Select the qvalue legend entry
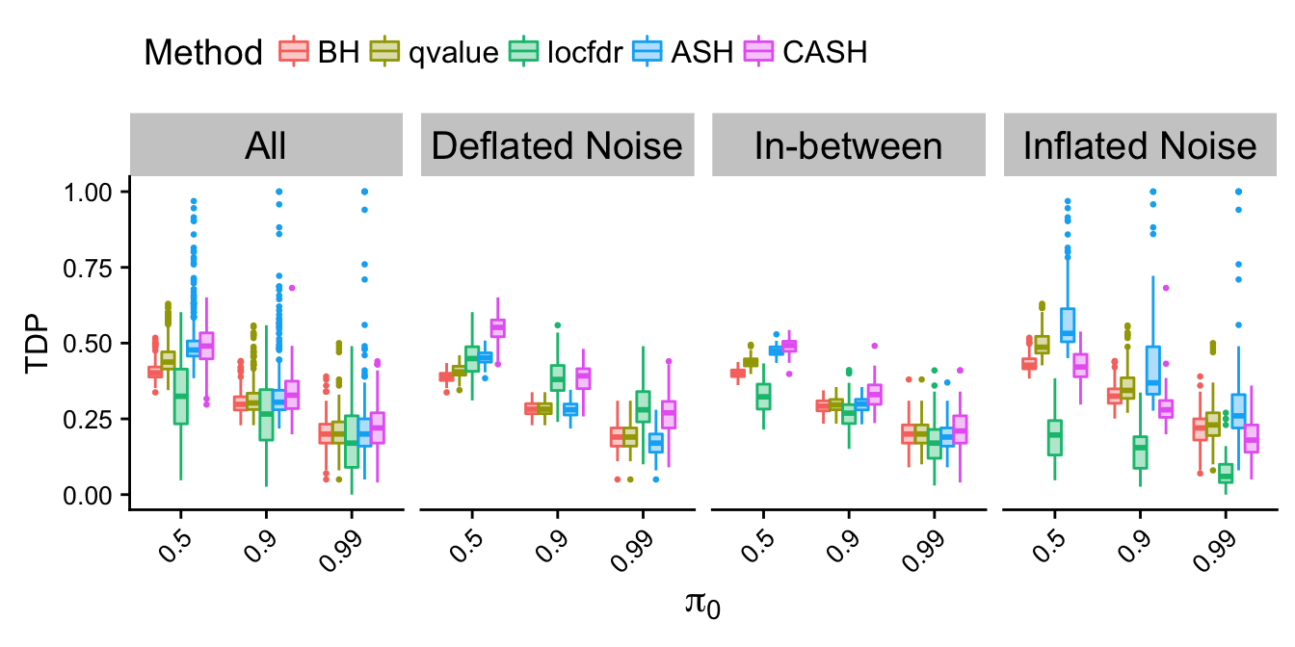(x=434, y=51)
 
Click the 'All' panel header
(x=266, y=145)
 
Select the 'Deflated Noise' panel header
(x=557, y=145)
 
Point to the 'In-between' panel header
(x=849, y=145)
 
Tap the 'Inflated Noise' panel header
(x=1140, y=145)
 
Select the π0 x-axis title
(x=703, y=607)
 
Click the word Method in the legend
(x=202, y=51)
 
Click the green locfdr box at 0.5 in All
(x=180, y=395)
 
